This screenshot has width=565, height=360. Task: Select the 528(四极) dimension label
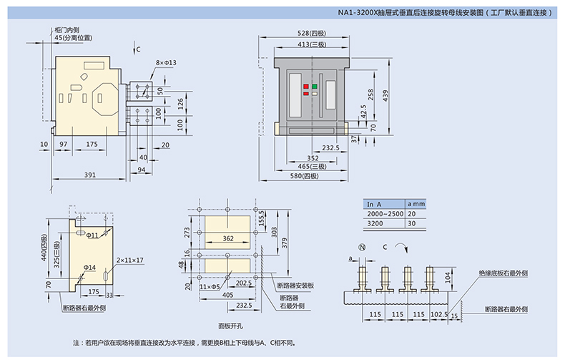tap(312, 34)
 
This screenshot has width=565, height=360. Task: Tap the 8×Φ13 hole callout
tap(166, 63)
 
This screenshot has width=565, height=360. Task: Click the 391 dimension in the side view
tap(90, 175)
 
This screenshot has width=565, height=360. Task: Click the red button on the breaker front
tap(306, 87)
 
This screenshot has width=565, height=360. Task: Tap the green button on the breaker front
tap(315, 87)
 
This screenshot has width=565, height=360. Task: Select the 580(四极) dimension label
tap(313, 177)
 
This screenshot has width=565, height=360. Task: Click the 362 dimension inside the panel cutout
tap(228, 238)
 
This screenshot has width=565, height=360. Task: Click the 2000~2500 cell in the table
tap(385, 214)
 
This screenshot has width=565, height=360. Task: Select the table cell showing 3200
tap(375, 223)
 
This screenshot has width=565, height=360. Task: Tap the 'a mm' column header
tap(416, 204)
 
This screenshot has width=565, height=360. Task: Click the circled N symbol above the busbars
tap(362, 247)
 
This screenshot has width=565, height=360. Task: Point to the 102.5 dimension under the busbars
tap(440, 313)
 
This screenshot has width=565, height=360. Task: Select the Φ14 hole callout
tap(89, 266)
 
